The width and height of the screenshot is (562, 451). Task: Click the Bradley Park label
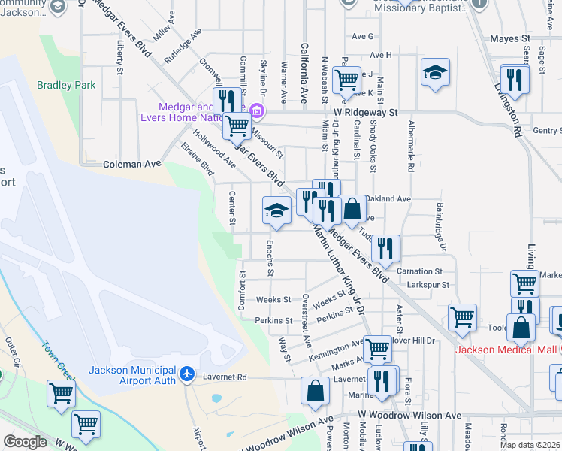(x=66, y=85)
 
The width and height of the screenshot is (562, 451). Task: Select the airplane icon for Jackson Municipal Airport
(x=187, y=374)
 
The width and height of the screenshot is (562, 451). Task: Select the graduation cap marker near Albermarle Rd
(x=435, y=73)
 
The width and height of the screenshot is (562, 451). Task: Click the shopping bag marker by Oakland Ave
(x=352, y=208)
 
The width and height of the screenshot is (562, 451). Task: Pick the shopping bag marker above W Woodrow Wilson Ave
(x=315, y=390)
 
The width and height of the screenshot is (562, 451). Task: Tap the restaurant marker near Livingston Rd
(x=515, y=78)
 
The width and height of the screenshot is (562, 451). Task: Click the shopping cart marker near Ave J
(x=346, y=78)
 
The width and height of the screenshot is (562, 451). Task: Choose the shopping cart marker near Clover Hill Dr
(x=462, y=316)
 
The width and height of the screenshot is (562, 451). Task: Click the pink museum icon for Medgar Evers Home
(x=256, y=112)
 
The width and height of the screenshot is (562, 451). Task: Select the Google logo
(x=25, y=442)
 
